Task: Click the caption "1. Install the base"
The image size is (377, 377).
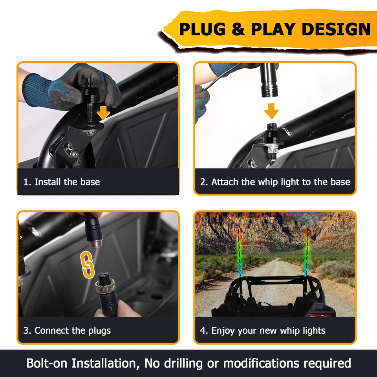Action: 61,182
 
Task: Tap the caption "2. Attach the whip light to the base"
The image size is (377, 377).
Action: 275,182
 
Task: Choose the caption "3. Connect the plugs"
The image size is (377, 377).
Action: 67,331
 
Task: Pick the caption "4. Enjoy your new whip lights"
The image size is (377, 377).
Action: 263,331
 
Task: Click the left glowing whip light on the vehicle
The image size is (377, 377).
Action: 238,255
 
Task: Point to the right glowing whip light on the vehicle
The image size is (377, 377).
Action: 307,251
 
